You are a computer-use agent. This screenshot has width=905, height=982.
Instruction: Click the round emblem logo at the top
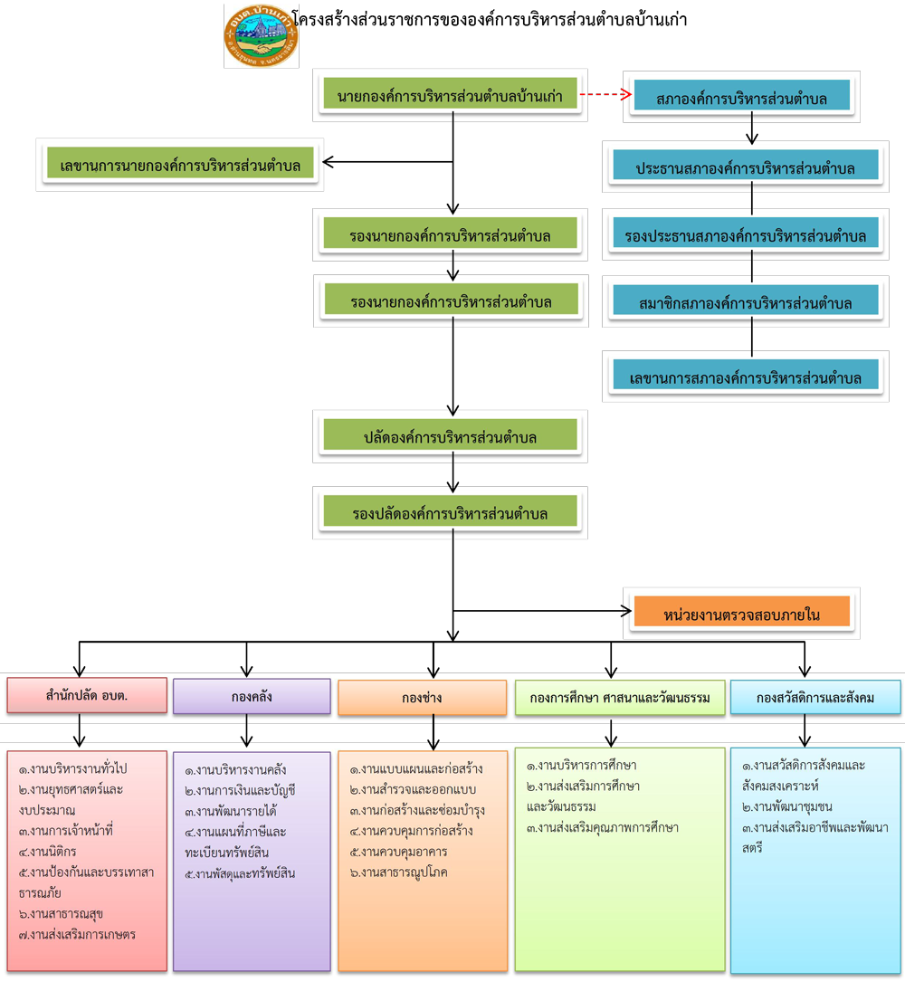click(261, 36)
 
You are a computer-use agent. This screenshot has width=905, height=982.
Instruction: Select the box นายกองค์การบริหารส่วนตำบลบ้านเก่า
click(450, 95)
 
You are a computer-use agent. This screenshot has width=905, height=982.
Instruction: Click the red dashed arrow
click(605, 94)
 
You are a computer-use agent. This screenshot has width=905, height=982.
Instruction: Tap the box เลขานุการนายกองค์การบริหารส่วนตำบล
click(180, 166)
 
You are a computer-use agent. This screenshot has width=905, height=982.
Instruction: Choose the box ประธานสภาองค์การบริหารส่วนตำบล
click(745, 168)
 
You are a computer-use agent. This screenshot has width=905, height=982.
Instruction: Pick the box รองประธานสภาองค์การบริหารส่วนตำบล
click(745, 236)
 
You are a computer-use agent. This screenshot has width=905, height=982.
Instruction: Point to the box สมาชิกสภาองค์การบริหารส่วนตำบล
click(745, 303)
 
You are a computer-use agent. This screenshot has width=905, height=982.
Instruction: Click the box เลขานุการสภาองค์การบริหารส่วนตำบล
click(745, 377)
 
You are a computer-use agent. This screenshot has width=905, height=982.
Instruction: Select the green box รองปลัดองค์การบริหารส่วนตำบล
click(450, 513)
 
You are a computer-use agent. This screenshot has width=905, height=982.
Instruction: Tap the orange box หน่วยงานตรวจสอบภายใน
click(741, 615)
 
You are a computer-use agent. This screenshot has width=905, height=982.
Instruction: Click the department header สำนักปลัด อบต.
click(87, 696)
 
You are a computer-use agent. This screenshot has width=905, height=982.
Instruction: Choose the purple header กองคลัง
click(252, 697)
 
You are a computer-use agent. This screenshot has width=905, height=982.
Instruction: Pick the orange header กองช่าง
click(422, 698)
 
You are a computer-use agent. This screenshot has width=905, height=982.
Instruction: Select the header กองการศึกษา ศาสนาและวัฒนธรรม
click(620, 697)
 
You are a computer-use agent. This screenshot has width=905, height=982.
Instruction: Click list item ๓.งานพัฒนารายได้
click(231, 811)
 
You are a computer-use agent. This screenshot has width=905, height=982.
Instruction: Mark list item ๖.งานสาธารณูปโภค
click(399, 872)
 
